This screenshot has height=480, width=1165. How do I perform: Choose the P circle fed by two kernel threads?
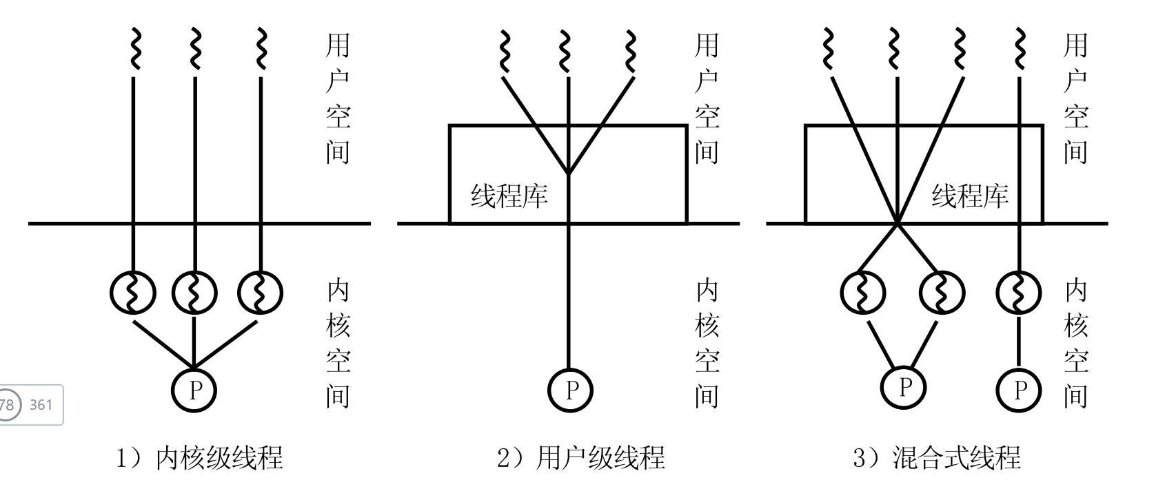coord(904,388)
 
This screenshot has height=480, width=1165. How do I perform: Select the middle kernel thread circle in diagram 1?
coord(194,293)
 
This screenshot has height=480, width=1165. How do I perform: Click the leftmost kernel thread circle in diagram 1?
coord(133,293)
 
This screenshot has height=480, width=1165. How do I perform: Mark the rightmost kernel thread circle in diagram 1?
coord(260,293)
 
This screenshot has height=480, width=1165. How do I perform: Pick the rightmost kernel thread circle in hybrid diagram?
coord(1019,293)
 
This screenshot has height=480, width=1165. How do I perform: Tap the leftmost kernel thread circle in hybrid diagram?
coord(862,293)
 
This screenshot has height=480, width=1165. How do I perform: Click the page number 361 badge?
coord(41,405)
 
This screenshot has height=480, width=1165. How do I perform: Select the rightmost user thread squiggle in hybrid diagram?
coord(1019,49)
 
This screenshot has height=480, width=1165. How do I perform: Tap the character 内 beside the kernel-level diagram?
coord(338,291)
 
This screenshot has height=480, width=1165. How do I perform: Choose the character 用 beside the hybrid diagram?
coord(1075,45)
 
